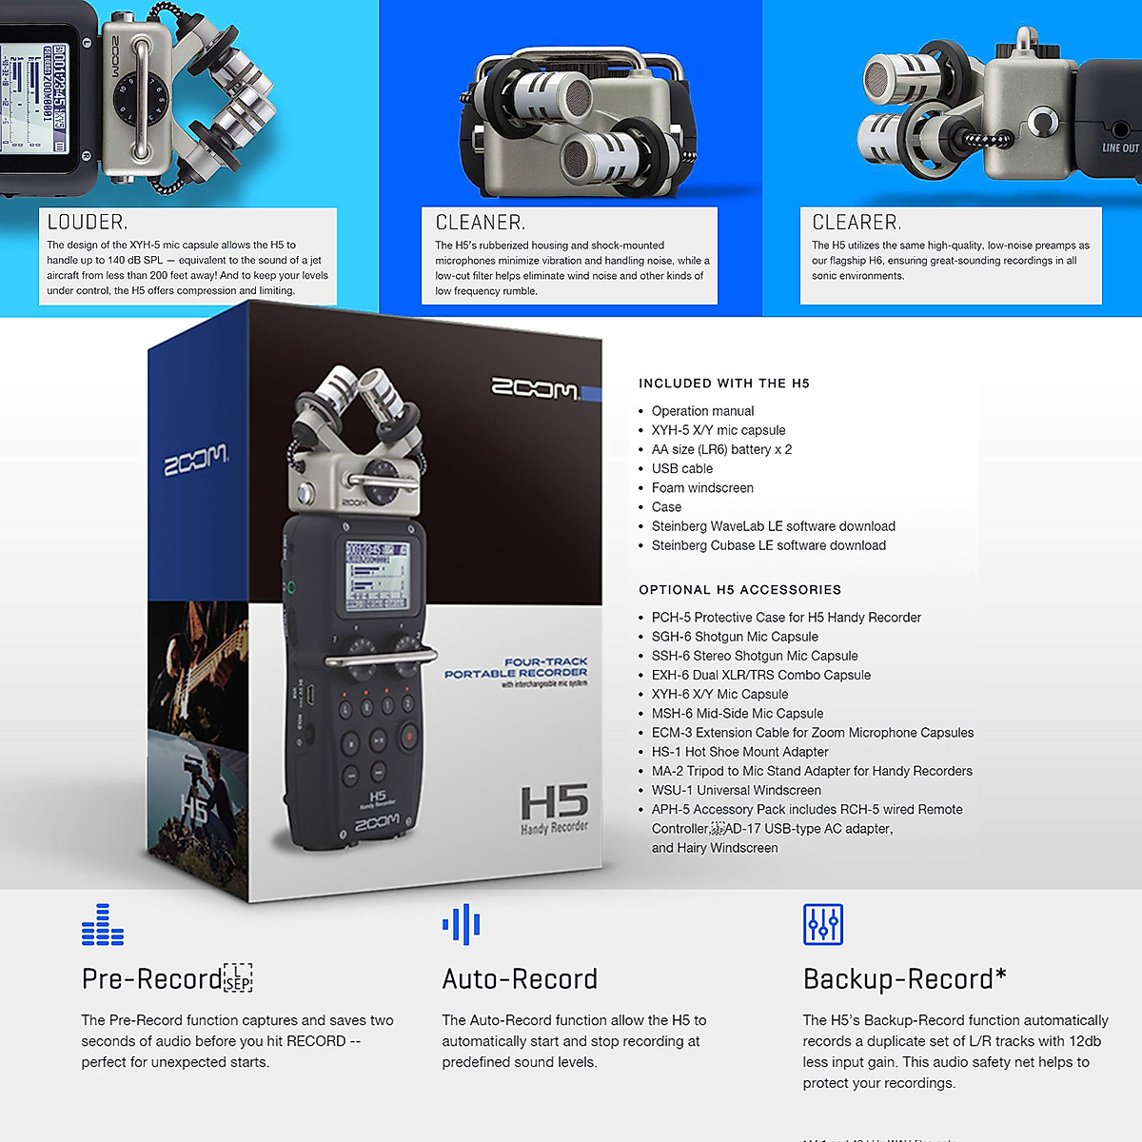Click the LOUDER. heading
click(x=87, y=223)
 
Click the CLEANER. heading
click(x=480, y=223)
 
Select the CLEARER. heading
click(x=856, y=223)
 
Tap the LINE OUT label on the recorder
click(x=1120, y=148)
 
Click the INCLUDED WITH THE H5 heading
click(x=723, y=384)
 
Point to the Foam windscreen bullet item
click(x=702, y=488)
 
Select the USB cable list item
click(x=681, y=469)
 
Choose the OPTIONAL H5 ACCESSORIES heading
click(x=739, y=590)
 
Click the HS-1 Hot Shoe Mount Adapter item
click(x=739, y=752)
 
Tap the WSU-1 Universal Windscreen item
click(x=736, y=790)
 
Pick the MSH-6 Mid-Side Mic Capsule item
click(x=738, y=714)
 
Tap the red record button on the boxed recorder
click(x=409, y=736)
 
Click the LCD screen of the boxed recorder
click(x=377, y=576)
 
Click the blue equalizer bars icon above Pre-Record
click(x=103, y=925)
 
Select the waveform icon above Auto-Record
click(x=462, y=924)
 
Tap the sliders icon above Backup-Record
click(x=823, y=924)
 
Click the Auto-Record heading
click(x=520, y=979)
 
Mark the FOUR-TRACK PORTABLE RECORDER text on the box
click(x=517, y=668)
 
